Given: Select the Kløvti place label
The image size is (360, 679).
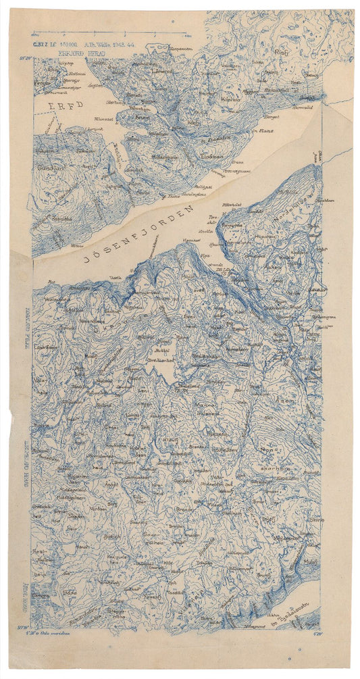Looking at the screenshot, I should pos(169,441).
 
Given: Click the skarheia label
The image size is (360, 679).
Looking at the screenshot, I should pos(276,467).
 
